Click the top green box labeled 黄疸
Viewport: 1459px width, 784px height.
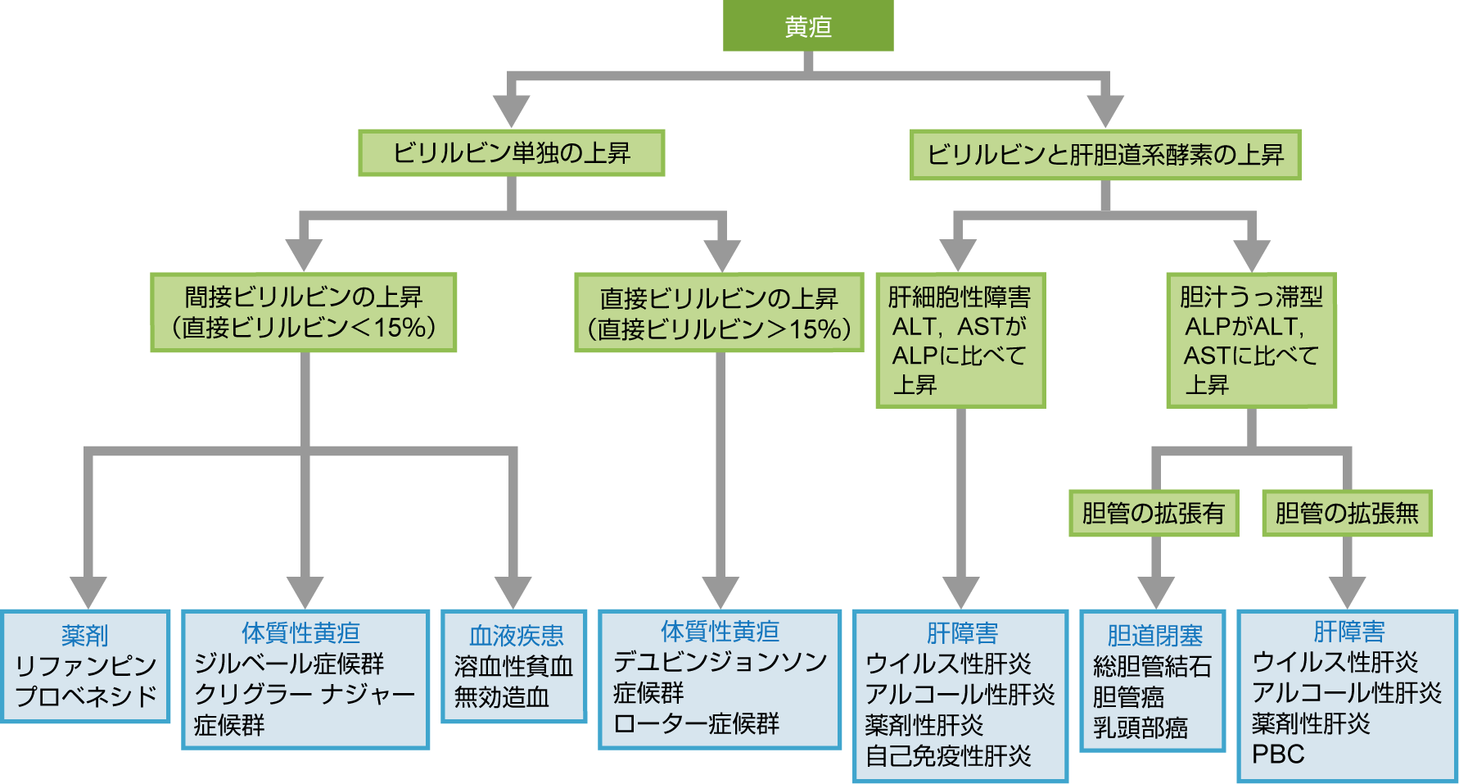tap(808, 26)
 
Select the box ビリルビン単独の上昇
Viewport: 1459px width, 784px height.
tap(511, 153)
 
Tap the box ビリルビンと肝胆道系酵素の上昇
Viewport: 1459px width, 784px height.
tap(1104, 155)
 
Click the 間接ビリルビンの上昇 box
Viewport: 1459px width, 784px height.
tap(303, 312)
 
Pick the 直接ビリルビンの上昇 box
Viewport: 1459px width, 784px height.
tap(719, 313)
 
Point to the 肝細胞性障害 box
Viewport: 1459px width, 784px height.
tap(960, 340)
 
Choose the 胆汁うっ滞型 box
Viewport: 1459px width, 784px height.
tap(1251, 340)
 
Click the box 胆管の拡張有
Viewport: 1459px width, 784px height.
tap(1153, 514)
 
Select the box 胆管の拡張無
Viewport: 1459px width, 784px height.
tap(1347, 514)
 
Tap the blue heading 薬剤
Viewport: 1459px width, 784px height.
tap(85, 635)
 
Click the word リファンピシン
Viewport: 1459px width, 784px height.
tap(86, 665)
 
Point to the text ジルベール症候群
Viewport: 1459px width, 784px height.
tap(289, 664)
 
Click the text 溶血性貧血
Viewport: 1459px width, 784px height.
tap(513, 666)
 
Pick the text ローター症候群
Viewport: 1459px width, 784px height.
tap(696, 724)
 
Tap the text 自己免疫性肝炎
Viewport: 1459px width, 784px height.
tap(948, 755)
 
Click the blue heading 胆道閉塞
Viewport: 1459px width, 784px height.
tap(1154, 635)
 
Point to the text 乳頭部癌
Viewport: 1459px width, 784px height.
tap(1140, 727)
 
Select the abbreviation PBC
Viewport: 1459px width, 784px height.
tap(1278, 754)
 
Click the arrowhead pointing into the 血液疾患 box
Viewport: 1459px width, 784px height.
tap(513, 591)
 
